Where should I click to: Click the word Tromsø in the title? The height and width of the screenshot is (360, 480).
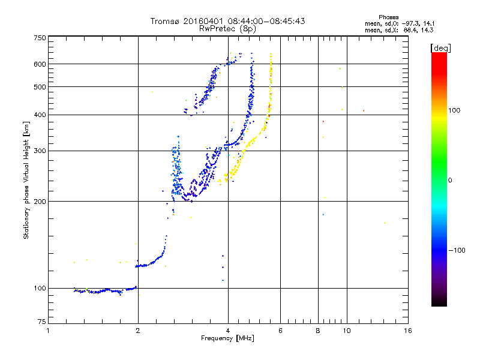pyautogui.click(x=165, y=21)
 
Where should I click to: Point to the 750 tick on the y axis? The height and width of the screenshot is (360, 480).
pyautogui.click(x=40, y=37)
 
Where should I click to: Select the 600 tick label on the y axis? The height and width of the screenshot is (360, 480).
pyautogui.click(x=40, y=64)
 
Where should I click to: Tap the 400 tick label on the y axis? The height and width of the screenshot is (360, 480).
pyautogui.click(x=40, y=115)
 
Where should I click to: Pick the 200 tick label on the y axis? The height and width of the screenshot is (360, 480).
pyautogui.click(x=40, y=202)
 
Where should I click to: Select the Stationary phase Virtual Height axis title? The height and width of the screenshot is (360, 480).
pyautogui.click(x=26, y=180)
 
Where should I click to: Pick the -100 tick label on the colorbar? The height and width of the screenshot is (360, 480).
pyautogui.click(x=458, y=250)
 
